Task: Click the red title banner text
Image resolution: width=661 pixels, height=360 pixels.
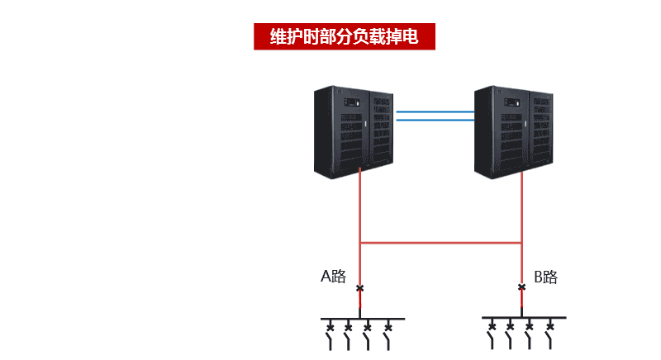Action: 344,36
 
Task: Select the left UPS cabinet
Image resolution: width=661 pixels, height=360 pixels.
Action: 354,132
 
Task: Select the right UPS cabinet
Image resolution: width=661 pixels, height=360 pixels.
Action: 514,132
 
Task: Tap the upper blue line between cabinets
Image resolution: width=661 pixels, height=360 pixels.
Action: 435,112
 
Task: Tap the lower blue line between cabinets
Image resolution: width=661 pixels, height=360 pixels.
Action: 435,120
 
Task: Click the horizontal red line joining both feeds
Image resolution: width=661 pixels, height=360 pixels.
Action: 441,243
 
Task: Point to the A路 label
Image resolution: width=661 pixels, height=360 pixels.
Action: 334,277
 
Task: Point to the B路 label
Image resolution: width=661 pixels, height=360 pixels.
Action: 546,277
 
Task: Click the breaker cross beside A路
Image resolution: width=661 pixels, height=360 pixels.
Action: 359,288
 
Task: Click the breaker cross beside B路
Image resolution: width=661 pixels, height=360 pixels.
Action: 522,287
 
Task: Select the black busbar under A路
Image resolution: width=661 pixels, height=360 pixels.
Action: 363,319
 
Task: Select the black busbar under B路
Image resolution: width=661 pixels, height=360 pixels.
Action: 524,317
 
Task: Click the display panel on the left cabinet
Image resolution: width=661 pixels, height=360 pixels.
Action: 352,102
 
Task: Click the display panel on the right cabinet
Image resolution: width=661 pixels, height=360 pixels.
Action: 512,102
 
